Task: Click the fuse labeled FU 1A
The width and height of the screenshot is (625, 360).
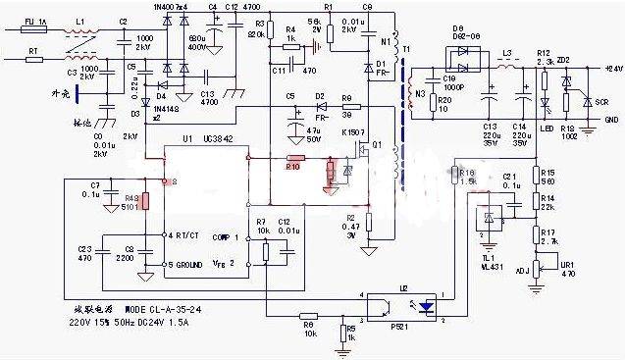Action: tap(38, 30)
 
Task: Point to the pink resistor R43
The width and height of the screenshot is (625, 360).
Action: tap(145, 202)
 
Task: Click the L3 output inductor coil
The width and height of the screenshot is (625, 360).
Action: tap(509, 68)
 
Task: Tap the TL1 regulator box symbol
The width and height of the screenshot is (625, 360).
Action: tap(488, 220)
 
